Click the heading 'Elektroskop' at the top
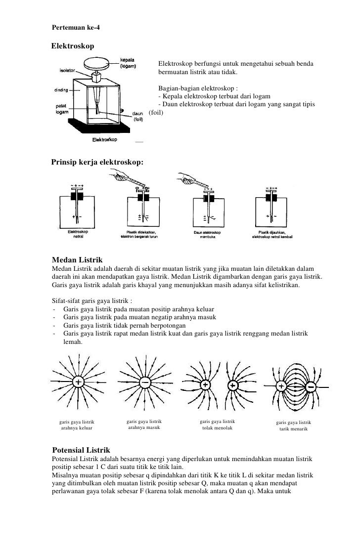73,46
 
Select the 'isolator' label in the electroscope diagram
67,70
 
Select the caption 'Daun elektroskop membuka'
207,234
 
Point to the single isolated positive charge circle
78,382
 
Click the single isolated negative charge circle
145,382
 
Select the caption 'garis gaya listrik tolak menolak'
217,424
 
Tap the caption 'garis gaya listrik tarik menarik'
294,425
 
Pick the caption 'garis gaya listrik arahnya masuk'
144,424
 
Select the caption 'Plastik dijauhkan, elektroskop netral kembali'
272,234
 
